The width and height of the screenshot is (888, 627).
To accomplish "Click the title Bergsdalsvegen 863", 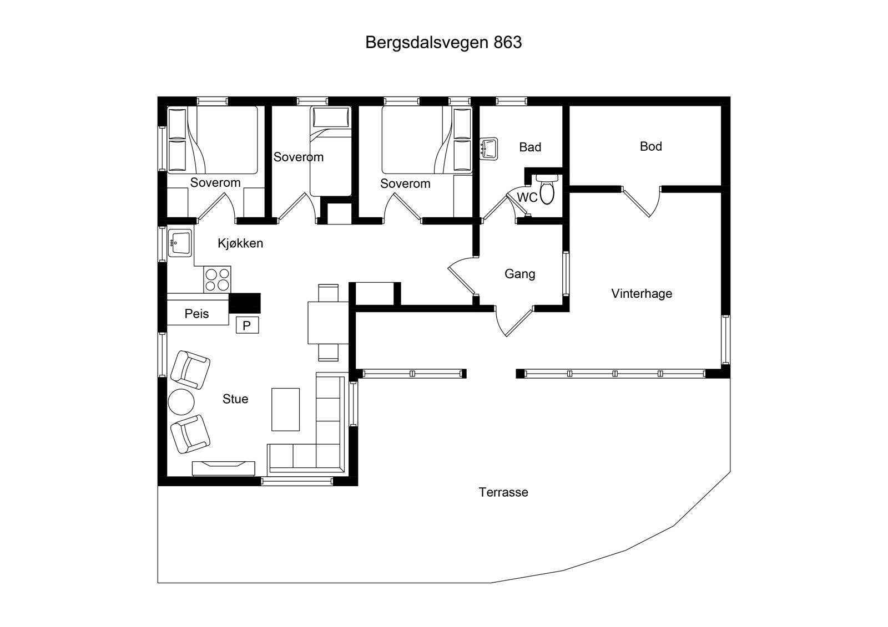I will point(443,43).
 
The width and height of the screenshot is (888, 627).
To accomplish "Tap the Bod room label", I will point(650,146).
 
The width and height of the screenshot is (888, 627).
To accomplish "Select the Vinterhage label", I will point(642,294).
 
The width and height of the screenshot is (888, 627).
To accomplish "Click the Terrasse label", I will point(503,492).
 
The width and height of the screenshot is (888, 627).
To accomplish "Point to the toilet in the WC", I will point(547,190).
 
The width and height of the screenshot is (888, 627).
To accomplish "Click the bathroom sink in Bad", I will point(490,149).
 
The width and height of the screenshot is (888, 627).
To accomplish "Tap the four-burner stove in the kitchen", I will point(218,279).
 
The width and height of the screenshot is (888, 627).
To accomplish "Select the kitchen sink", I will point(180,243).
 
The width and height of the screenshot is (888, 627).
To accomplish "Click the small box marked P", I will point(247,325).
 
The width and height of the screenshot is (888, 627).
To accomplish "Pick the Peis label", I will point(197,314).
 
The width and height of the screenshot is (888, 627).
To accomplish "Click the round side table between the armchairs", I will point(181,402).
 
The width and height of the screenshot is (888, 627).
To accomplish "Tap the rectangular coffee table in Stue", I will point(286,409).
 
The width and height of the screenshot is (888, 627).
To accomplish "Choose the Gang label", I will point(520,274).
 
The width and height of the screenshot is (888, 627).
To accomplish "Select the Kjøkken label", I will point(240,243).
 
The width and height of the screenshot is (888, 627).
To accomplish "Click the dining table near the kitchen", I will point(328,323).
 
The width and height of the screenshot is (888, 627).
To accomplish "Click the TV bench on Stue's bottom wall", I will point(224,468).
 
